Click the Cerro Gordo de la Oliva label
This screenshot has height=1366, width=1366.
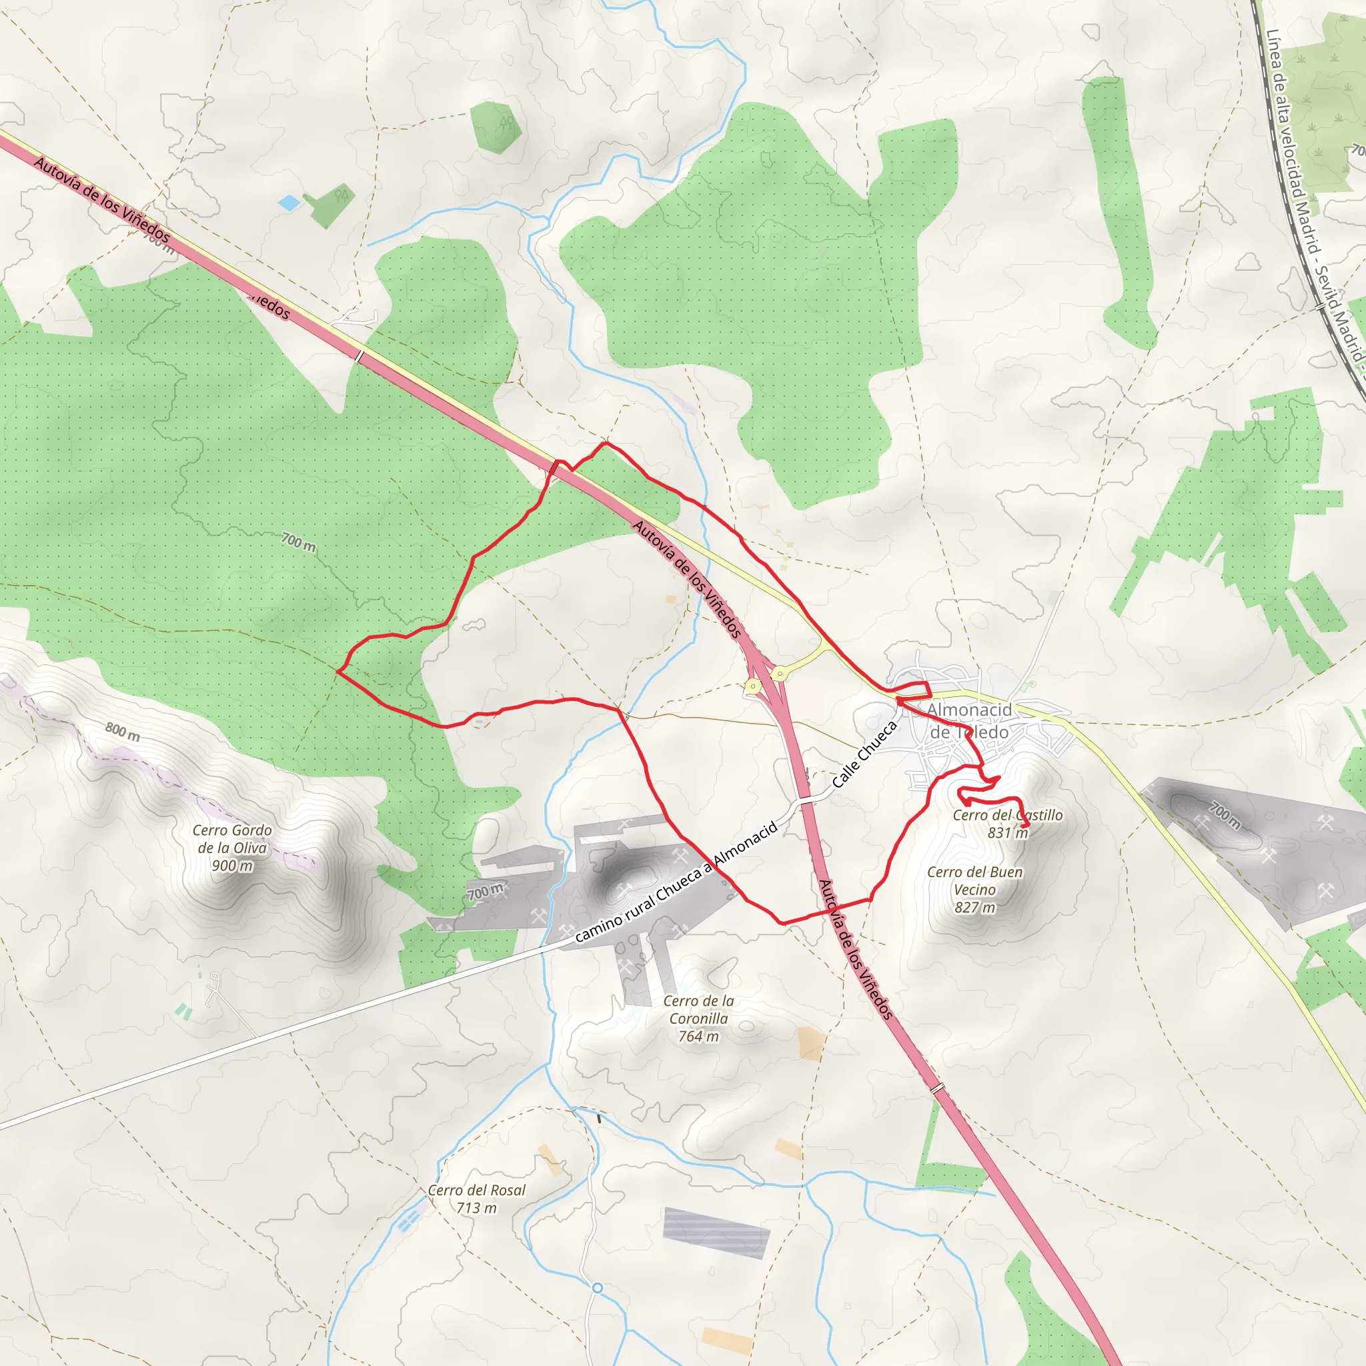click(232, 838)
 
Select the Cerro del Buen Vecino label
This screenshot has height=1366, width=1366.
click(974, 881)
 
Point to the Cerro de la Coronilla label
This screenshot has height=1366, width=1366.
click(698, 1010)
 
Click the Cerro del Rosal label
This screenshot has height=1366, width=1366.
click(476, 1190)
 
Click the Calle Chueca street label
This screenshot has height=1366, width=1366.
click(864, 754)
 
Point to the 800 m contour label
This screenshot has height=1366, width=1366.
click(122, 731)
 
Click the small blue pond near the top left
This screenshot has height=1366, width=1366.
click(288, 203)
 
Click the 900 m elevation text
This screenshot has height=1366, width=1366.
click(232, 865)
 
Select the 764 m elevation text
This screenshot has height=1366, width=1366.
click(698, 1037)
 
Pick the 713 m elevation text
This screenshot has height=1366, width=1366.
click(476, 1208)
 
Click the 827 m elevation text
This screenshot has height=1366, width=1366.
click(974, 907)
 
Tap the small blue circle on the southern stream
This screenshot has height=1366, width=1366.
click(598, 1287)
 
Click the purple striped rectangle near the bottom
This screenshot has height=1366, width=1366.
click(716, 1233)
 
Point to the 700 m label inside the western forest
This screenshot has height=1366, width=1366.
click(298, 542)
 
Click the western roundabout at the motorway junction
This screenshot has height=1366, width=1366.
click(753, 686)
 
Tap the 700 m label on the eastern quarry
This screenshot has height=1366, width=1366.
click(1225, 814)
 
